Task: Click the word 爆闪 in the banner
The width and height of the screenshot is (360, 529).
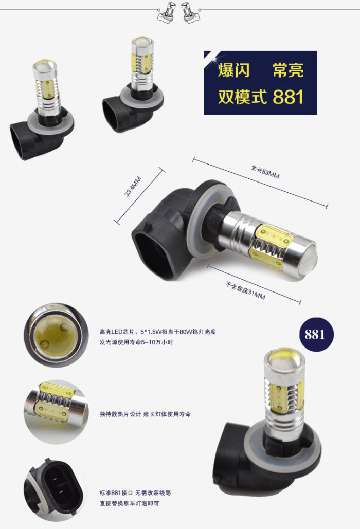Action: point(233,70)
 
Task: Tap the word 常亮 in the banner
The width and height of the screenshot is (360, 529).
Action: point(288,70)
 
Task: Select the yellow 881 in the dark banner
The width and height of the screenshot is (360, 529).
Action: point(288,97)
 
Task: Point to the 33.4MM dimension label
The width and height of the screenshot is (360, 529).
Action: point(133,187)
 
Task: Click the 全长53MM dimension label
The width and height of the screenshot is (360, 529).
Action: point(265,171)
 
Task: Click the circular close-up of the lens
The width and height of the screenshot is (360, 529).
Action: point(56,334)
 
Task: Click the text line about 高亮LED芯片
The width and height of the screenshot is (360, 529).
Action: point(157,332)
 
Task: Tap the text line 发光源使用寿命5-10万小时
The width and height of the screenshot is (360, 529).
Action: point(136,342)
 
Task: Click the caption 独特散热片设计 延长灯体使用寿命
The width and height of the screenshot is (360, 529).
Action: point(145,414)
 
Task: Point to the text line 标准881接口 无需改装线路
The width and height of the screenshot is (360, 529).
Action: point(135,493)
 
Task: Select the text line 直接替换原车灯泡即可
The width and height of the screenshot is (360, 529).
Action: point(129,504)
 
